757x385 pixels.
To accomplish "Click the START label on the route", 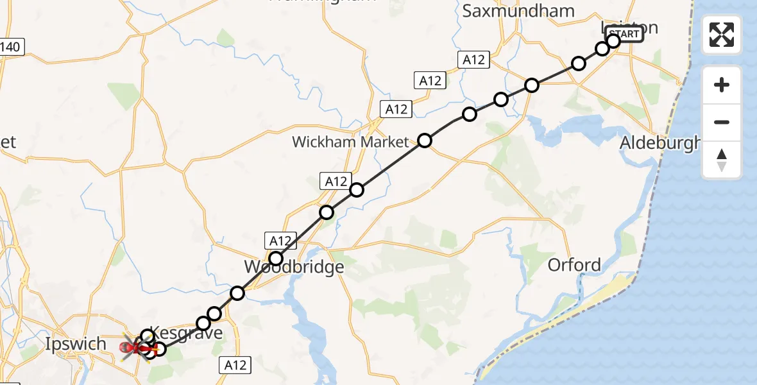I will pyautogui.click(x=624, y=34).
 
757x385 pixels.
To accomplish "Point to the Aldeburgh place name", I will pyautogui.click(x=660, y=144).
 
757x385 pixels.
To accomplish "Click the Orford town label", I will pyautogui.click(x=574, y=264).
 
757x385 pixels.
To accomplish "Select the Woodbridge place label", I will pyautogui.click(x=294, y=266).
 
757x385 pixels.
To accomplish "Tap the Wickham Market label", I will pyautogui.click(x=350, y=142).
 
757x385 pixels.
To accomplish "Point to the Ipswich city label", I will pyautogui.click(x=76, y=344).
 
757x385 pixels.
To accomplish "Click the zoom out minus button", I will pyautogui.click(x=722, y=122).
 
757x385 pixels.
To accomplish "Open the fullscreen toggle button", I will pyautogui.click(x=722, y=35).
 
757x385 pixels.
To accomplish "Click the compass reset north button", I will pyautogui.click(x=722, y=160).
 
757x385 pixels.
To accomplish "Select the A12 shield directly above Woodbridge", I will pyautogui.click(x=280, y=241).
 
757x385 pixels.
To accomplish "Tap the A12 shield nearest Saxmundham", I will pyautogui.click(x=473, y=60).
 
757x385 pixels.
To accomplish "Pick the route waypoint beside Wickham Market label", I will pyautogui.click(x=425, y=141).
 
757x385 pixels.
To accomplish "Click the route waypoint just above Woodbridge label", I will pyautogui.click(x=276, y=259).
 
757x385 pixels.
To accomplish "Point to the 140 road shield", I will pyautogui.click(x=12, y=46).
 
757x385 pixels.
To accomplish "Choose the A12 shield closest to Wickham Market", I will pyautogui.click(x=396, y=110).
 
